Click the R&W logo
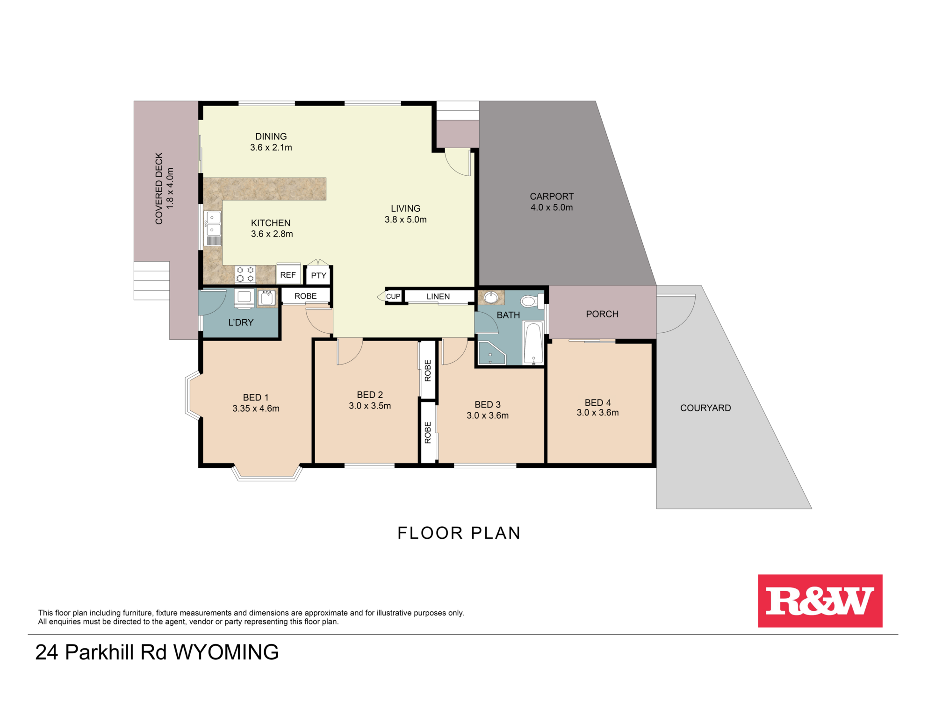click(x=820, y=601)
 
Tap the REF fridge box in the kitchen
click(x=288, y=275)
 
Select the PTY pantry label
click(x=318, y=275)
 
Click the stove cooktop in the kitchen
click(x=245, y=274)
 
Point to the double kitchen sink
click(x=213, y=224)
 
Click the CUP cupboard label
click(x=393, y=296)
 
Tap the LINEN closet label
click(x=438, y=296)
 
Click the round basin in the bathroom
click(x=490, y=297)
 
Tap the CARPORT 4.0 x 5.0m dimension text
click(x=551, y=207)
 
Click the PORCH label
click(x=602, y=314)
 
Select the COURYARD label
click(x=705, y=408)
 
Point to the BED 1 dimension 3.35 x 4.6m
click(x=256, y=408)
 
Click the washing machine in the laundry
click(x=244, y=298)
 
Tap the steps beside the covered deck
click(x=151, y=280)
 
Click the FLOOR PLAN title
click(x=459, y=533)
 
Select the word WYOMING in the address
click(x=226, y=652)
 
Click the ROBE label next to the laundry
click(x=305, y=296)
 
